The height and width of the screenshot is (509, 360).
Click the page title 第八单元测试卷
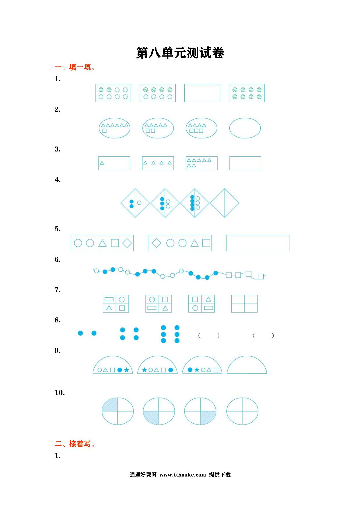pos(180,53)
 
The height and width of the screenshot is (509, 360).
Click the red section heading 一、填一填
pos(75,68)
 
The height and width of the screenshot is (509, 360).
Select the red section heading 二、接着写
pos(75,444)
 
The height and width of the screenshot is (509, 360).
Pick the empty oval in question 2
pos(245,128)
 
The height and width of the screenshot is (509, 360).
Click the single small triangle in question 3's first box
pos(102,163)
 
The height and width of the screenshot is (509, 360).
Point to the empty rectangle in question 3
pos(245,163)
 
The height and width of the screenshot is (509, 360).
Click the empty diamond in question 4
pos(225,203)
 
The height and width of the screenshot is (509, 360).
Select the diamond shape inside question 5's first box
pos(127,243)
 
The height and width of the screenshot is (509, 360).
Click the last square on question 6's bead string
pos(261,276)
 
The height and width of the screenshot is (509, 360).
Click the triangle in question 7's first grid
pos(109,308)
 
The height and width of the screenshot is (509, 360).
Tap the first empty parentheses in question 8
pos(209,336)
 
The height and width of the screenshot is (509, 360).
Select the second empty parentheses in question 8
pos(263,336)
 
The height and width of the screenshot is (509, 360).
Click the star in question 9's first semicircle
pos(127,370)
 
